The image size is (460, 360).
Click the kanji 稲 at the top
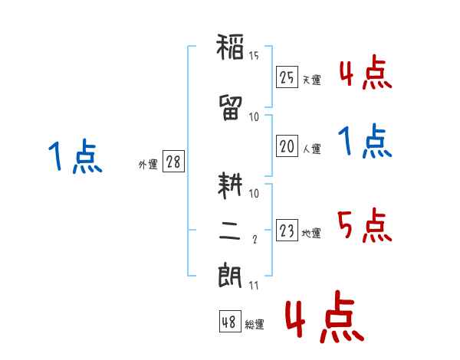point(230,47)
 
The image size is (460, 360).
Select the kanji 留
point(230,107)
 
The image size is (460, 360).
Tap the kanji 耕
point(230,185)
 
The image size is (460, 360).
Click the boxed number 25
point(287,77)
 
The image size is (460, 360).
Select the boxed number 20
point(287,146)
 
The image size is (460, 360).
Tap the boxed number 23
point(287,230)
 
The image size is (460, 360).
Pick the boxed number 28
point(173,162)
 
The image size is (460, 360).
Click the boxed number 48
point(230,322)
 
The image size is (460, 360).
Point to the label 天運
point(312,80)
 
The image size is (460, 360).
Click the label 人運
point(312,149)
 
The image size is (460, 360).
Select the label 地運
point(311,233)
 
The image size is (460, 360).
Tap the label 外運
point(148,165)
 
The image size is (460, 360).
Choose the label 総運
point(255,325)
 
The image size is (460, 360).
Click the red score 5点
point(365,225)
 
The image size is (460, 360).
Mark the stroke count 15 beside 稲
point(254,56)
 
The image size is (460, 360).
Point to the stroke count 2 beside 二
point(255,240)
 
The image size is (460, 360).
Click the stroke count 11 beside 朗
point(254,286)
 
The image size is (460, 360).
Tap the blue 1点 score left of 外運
point(75,156)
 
